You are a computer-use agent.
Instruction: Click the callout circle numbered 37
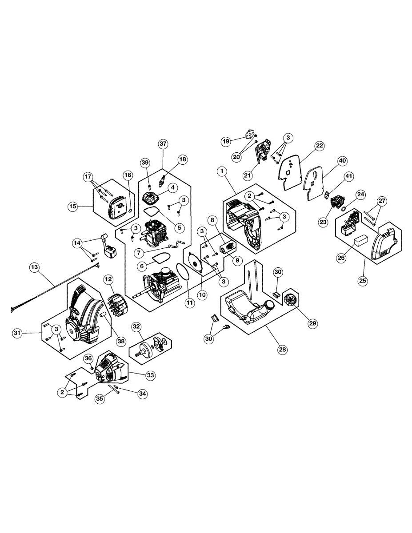pos(163,143)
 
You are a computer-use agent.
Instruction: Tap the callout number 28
pos(283,349)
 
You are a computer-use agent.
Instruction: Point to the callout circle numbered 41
pos(349,176)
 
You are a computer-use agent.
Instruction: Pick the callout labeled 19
pos(226,141)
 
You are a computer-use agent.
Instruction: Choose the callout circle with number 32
pos(136,326)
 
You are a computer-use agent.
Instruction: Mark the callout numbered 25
pos(363,281)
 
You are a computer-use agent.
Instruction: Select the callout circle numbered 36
pos(88,358)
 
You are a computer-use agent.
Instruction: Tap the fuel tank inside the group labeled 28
pos(249,309)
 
